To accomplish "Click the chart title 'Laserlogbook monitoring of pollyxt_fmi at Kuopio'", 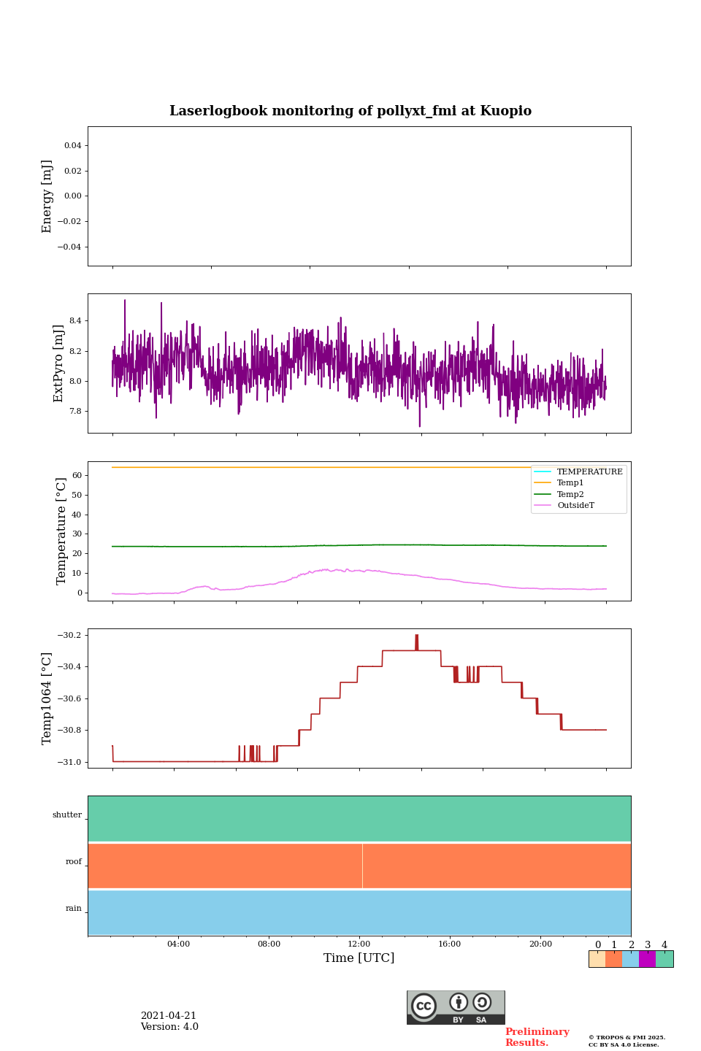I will (x=350, y=111).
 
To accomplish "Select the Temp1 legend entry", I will (x=570, y=483).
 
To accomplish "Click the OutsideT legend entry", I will (x=575, y=506).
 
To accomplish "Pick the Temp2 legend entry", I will (x=570, y=495).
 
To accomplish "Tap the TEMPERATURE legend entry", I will (x=589, y=472).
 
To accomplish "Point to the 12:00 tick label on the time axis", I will (x=359, y=944).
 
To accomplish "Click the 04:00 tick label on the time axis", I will (x=178, y=944).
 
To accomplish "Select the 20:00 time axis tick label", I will (x=540, y=944).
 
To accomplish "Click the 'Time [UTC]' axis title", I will (x=359, y=958).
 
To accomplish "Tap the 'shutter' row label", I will (x=67, y=815).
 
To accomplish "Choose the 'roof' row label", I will (x=74, y=862).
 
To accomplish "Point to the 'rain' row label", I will (x=74, y=909).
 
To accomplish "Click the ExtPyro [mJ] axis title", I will (x=59, y=363).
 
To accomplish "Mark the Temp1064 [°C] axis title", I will (x=47, y=698).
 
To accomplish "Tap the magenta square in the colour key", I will (x=647, y=959).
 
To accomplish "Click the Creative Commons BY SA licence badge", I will (x=456, y=1007).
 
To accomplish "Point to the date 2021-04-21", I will (x=169, y=1016).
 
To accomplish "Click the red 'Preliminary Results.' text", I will (x=537, y=1037).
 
